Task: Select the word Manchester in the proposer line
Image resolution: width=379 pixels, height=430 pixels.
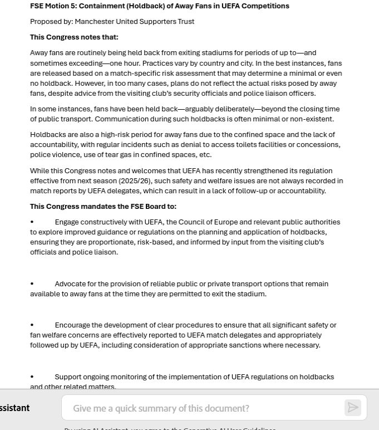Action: [x=94, y=22]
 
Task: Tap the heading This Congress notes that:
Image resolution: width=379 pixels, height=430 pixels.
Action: [x=74, y=37]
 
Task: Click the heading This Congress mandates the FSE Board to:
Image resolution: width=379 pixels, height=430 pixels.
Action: [x=103, y=207]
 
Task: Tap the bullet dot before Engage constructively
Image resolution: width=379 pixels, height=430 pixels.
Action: [x=32, y=222]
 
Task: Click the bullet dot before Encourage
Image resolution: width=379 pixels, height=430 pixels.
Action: [x=32, y=325]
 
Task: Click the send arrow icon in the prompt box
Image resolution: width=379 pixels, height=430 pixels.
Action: [x=352, y=408]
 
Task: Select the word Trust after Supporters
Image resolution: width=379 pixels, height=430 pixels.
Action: [x=184, y=22]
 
